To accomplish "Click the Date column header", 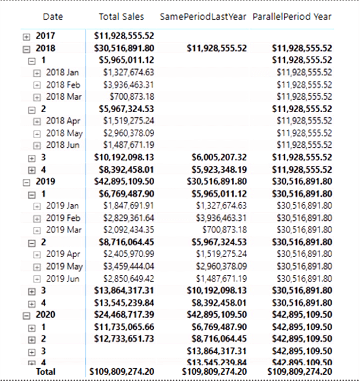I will (x=52, y=17).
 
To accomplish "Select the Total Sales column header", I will (x=121, y=17).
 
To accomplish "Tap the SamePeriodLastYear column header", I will (x=203, y=17).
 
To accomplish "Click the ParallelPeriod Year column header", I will (x=292, y=17).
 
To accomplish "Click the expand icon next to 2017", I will (x=27, y=36).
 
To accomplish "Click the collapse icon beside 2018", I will (x=27, y=49).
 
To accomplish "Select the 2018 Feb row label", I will (x=62, y=84).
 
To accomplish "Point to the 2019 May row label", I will (x=64, y=266).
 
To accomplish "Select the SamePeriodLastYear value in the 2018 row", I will (x=217, y=48).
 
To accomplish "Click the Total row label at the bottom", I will (x=45, y=371).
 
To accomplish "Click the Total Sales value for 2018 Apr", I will (x=129, y=121).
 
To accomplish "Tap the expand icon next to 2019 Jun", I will (x=37, y=279).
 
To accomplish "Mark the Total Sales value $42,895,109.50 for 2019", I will (x=126, y=181).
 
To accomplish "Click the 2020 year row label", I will (x=45, y=314).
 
